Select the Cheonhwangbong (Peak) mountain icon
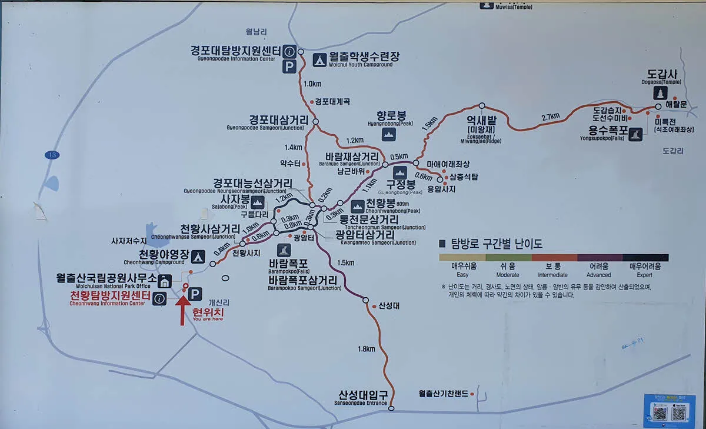[358, 205]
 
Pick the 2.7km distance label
[551, 117]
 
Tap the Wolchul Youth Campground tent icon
[319, 59]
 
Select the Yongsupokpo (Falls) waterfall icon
[635, 134]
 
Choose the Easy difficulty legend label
[464, 270]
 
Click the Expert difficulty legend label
[645, 270]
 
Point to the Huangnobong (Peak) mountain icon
[388, 134]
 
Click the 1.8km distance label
[366, 349]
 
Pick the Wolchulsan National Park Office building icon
[165, 281]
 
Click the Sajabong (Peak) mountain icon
[258, 203]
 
